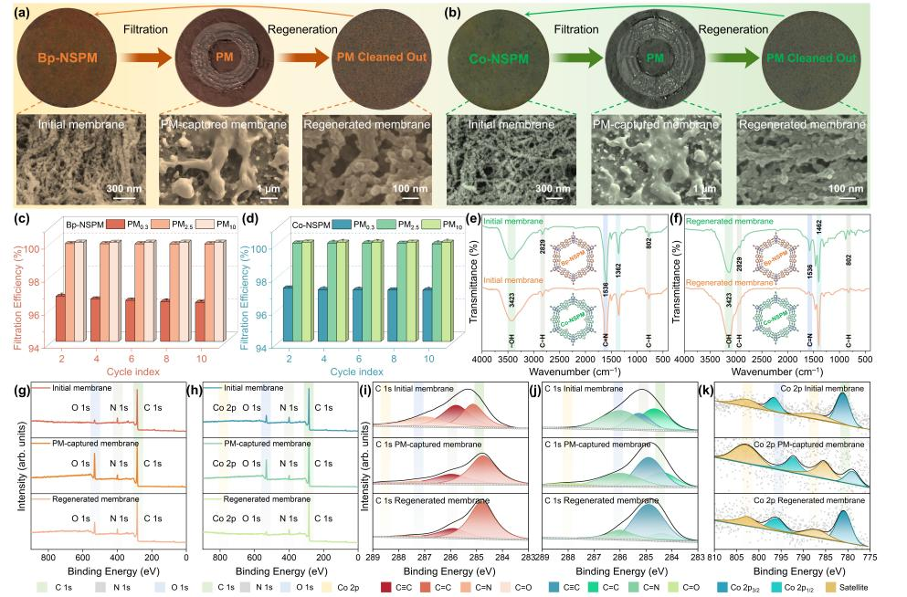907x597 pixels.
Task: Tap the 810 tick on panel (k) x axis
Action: [714, 556]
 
